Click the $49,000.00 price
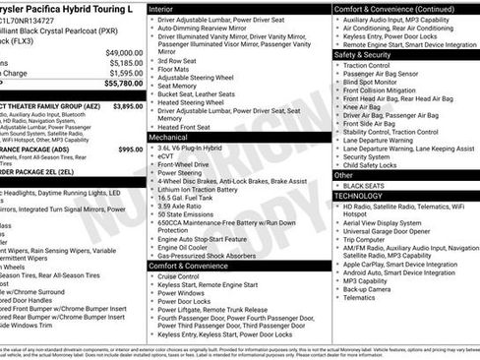[124, 51]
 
